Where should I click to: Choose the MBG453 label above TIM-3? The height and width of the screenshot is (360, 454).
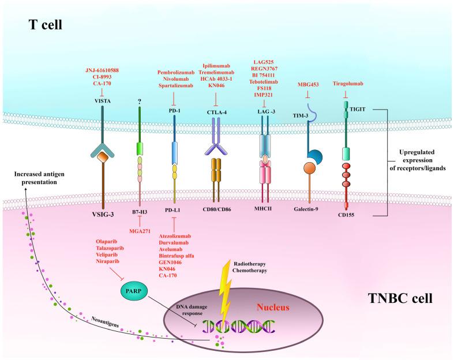tap(308, 83)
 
